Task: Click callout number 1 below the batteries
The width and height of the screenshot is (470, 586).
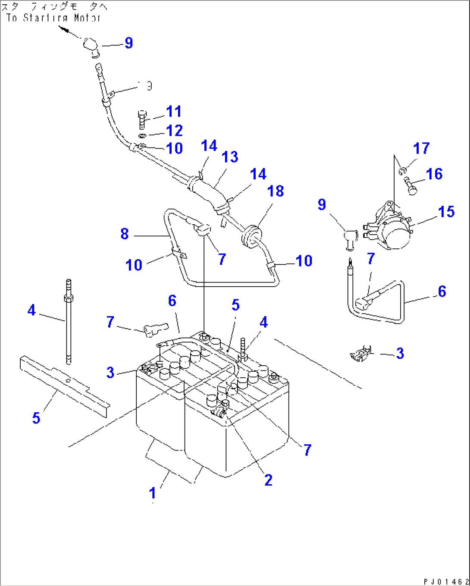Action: click(x=152, y=493)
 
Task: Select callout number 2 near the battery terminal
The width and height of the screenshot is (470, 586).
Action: click(x=268, y=480)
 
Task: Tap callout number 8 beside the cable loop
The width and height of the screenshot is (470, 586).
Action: click(x=125, y=234)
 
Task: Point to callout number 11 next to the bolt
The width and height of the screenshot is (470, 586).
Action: click(x=174, y=111)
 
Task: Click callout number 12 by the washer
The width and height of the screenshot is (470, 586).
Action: click(x=174, y=131)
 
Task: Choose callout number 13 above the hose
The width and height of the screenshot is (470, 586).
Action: click(x=230, y=157)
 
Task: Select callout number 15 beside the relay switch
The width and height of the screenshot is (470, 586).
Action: click(x=446, y=212)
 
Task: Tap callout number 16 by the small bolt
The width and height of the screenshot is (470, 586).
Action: click(x=434, y=174)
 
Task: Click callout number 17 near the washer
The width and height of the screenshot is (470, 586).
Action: click(x=421, y=148)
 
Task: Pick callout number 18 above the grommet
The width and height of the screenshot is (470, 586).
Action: click(x=276, y=191)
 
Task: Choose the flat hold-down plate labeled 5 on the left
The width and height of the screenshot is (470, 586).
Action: click(x=65, y=385)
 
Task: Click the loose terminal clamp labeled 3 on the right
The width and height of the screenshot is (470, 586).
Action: click(x=361, y=354)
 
